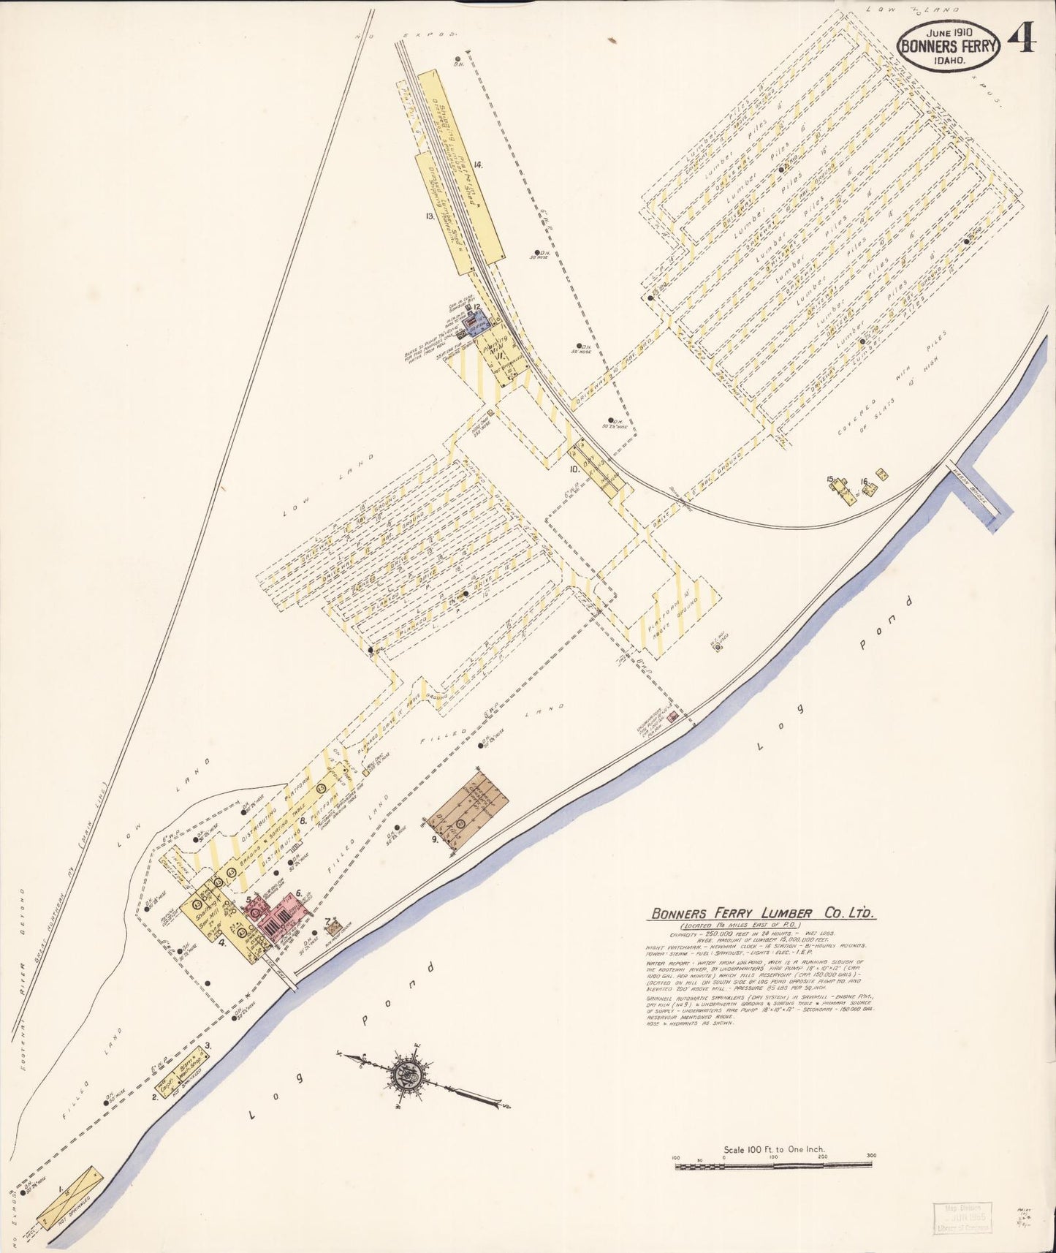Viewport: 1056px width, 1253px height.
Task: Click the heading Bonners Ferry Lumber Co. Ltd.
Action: (762, 913)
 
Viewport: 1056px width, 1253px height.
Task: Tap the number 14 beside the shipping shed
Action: (477, 165)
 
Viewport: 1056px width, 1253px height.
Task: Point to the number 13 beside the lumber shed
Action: (430, 216)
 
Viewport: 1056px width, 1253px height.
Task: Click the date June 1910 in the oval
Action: (948, 32)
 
